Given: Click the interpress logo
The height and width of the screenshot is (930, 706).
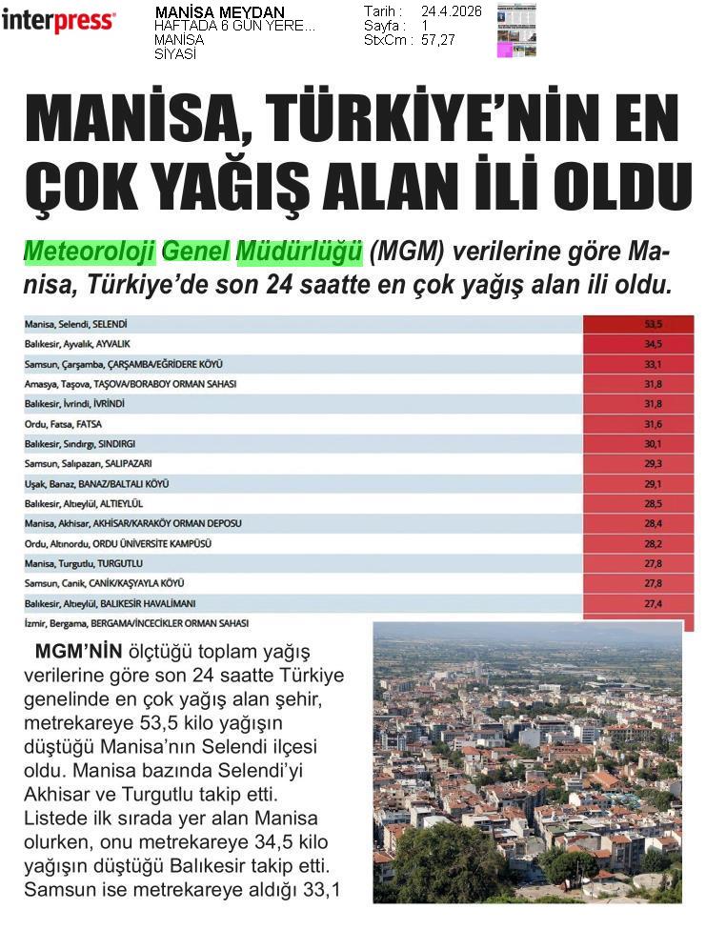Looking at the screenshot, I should [x=58, y=20].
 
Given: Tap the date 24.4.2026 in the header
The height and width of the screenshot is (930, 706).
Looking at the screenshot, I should [x=451, y=11].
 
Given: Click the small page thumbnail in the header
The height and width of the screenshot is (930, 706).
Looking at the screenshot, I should [x=516, y=30].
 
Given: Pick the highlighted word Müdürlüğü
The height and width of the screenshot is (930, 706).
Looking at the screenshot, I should [x=299, y=253].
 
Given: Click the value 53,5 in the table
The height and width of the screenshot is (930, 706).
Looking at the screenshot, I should [x=653, y=324].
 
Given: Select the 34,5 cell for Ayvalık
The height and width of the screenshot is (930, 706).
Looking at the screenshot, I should [x=653, y=344].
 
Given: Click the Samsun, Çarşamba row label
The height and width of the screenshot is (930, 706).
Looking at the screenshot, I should [x=123, y=364].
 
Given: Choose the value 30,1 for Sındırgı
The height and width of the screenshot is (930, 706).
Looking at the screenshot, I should [x=653, y=443].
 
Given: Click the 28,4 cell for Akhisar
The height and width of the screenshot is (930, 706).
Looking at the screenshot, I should [x=653, y=523].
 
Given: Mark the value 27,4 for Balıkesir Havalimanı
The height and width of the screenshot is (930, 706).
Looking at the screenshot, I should [x=653, y=603].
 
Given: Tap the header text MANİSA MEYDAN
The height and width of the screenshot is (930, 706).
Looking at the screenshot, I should [x=219, y=12].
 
